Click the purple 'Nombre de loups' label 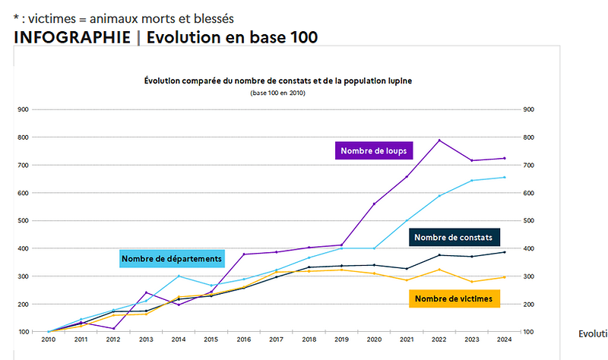(x=374, y=151)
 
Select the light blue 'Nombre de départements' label (x=172, y=259)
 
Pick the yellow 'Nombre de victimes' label (x=454, y=299)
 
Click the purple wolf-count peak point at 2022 (x=439, y=141)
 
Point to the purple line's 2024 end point (x=504, y=158)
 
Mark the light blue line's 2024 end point (x=504, y=178)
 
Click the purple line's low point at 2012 (x=113, y=328)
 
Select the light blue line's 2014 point (x=178, y=276)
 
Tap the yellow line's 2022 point (x=439, y=270)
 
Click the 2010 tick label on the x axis (x=49, y=341)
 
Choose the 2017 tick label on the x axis (x=276, y=341)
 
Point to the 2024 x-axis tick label (x=504, y=341)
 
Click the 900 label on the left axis (x=24, y=109)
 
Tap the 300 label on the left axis (x=24, y=276)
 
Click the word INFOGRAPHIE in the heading (x=71, y=37)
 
